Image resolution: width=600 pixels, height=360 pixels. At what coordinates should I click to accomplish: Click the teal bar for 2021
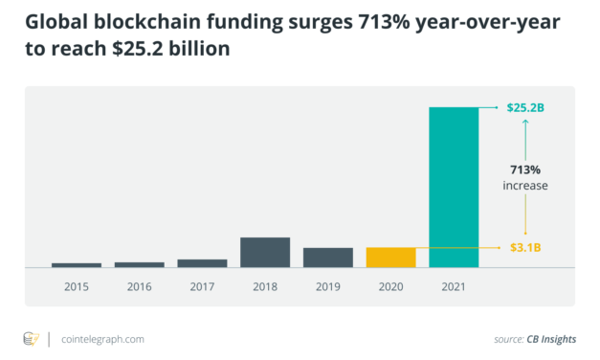(454, 187)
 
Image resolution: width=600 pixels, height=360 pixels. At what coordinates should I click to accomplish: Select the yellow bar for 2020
(390, 257)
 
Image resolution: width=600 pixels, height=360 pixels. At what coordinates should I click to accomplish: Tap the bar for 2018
(265, 252)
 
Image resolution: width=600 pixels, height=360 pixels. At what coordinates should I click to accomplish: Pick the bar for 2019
(328, 257)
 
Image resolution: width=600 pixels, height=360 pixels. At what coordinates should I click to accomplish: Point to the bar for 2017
(202, 262)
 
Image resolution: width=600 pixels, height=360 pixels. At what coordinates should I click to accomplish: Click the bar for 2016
(139, 264)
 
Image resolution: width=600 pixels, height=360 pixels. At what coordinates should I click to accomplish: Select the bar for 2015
(77, 264)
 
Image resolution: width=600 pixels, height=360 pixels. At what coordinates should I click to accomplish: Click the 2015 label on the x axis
(77, 286)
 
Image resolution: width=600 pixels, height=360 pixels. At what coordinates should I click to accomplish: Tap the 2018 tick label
(265, 286)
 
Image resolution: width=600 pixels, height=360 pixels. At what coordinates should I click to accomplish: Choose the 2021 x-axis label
(454, 286)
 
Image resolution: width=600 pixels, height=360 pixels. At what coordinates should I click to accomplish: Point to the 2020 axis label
(390, 286)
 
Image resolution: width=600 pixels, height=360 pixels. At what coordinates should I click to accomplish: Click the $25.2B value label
(525, 108)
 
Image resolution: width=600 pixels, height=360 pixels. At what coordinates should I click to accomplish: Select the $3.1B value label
(524, 247)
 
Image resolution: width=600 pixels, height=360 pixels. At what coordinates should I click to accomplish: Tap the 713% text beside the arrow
(524, 169)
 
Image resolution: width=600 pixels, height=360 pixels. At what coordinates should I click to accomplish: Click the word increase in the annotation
(524, 186)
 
